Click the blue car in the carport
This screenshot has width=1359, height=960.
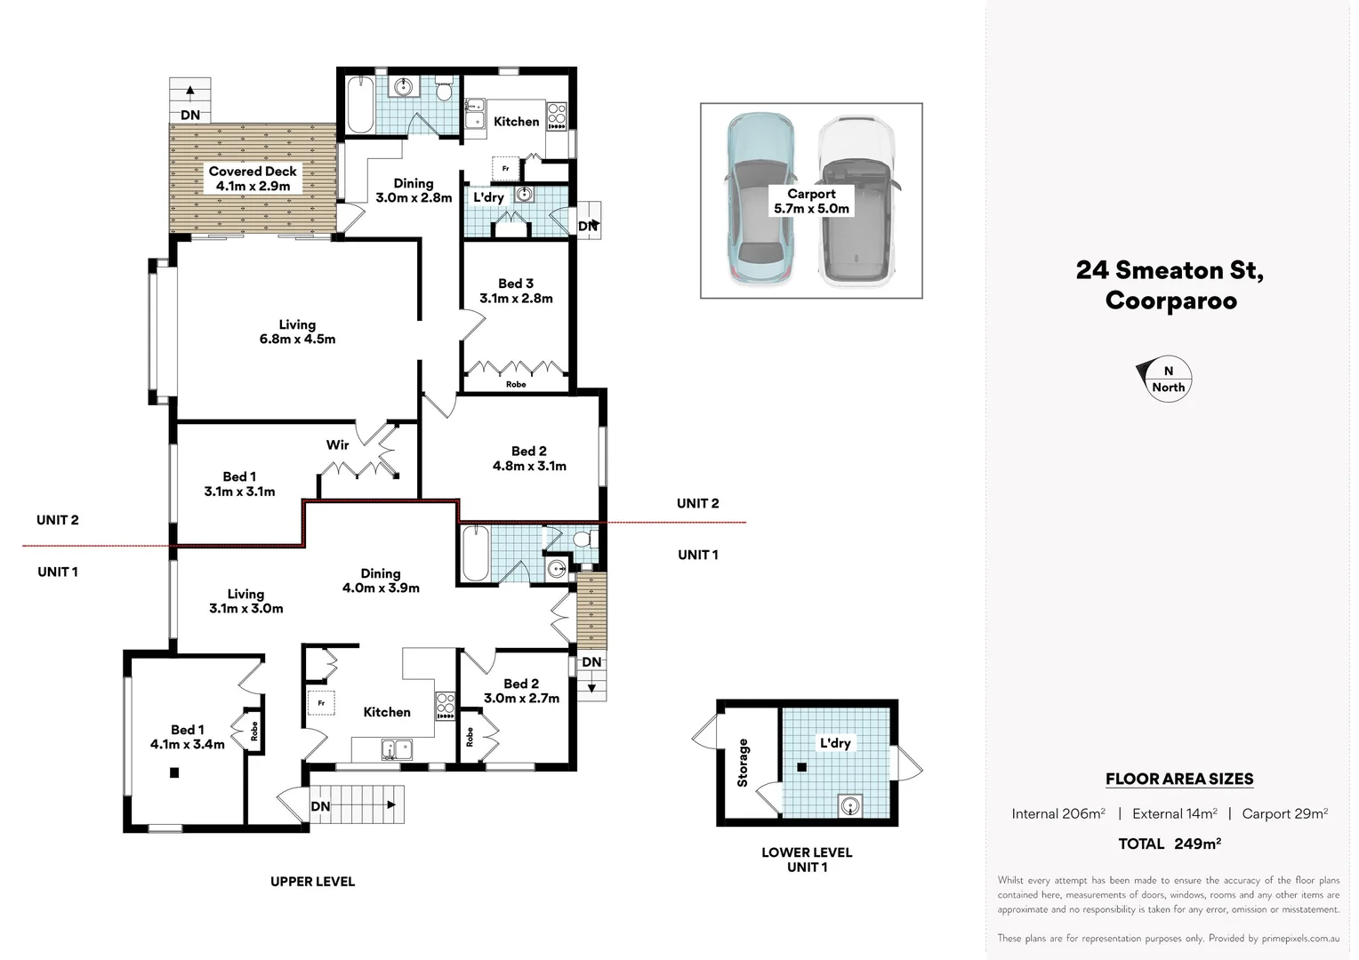tap(760, 200)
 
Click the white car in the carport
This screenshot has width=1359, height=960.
tap(856, 200)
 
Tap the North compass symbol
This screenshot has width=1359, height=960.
tap(1166, 380)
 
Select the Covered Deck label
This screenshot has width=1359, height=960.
tap(253, 179)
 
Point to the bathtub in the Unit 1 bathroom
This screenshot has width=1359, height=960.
tap(475, 554)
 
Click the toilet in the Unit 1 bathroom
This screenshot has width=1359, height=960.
tap(584, 539)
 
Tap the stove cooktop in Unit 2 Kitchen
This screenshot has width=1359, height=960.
tap(557, 116)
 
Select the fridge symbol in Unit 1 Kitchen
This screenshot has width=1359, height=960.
tap(321, 702)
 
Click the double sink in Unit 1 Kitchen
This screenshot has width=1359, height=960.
tap(397, 749)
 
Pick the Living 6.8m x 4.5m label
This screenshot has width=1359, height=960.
tap(297, 332)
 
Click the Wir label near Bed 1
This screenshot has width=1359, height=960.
tap(337, 444)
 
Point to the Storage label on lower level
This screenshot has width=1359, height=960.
tap(744, 763)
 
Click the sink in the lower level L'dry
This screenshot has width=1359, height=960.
tap(850, 806)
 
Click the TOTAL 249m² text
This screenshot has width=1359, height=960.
tap(1170, 844)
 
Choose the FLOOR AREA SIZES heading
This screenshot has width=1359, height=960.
tap(1179, 779)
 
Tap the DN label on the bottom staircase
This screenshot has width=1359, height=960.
tap(320, 806)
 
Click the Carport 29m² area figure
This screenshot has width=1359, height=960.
tap(1284, 813)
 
